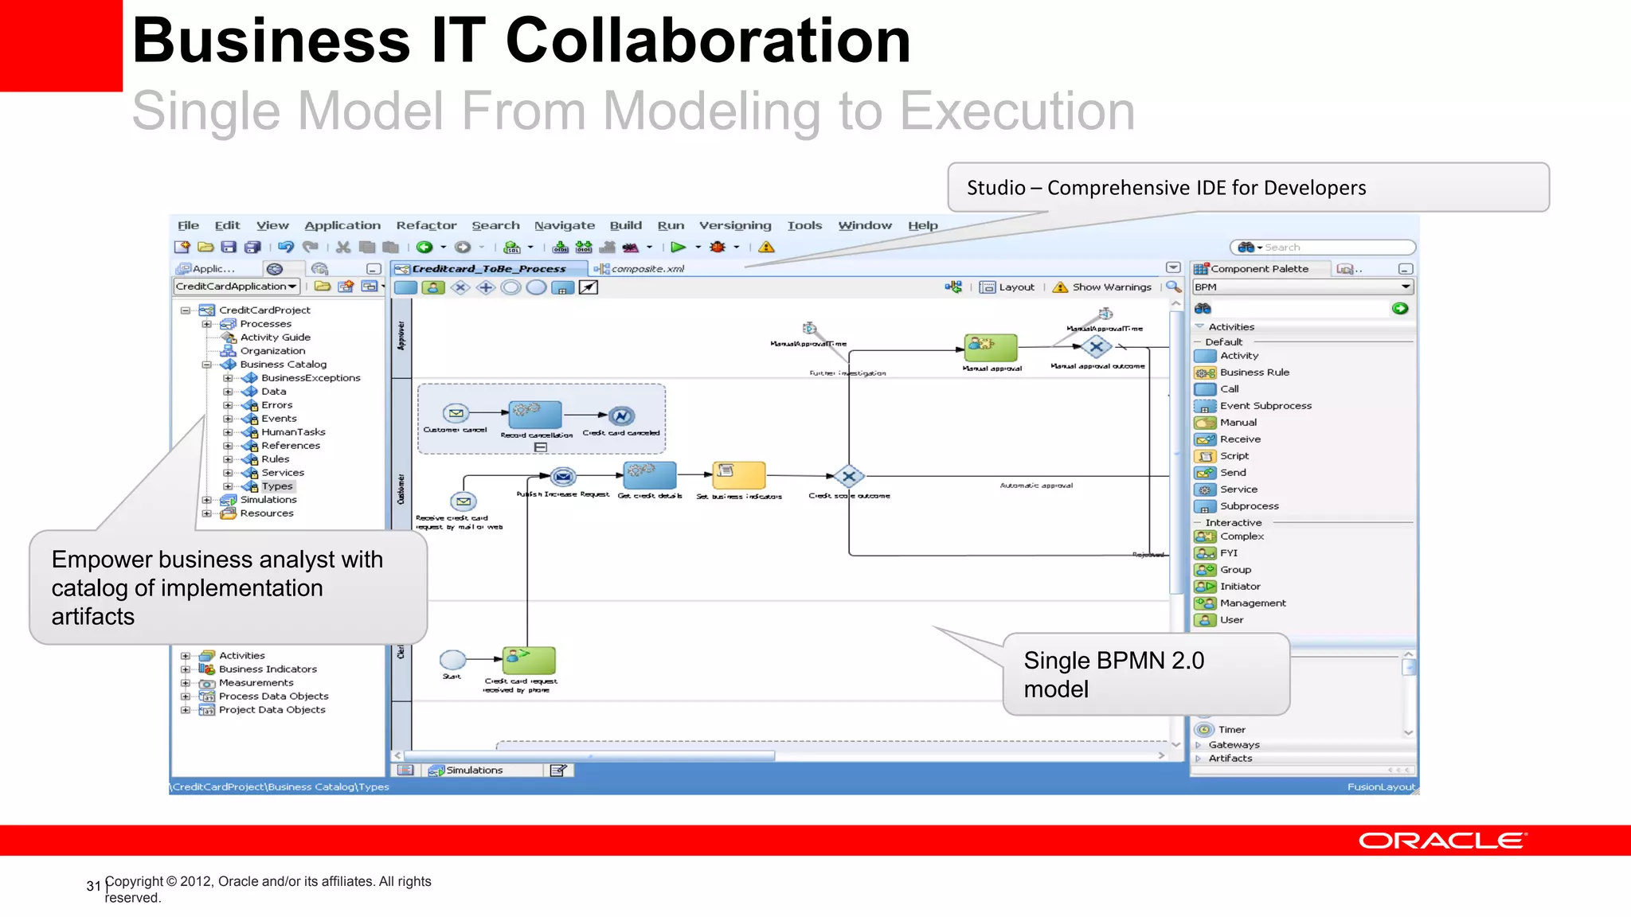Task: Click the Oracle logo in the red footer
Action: [1441, 841]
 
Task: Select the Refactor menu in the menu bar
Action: [426, 225]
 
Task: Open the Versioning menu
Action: [734, 225]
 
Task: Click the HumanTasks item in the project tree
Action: [292, 432]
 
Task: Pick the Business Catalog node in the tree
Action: [283, 365]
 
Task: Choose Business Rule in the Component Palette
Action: [1254, 373]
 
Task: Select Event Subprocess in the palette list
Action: [1265, 406]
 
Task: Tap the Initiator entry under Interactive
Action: [1239, 587]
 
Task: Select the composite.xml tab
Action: [647, 269]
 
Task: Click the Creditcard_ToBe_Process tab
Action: [488, 269]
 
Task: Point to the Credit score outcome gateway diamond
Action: [849, 477]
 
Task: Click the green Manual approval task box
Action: [991, 348]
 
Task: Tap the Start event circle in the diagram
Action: [452, 660]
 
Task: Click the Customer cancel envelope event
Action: [456, 413]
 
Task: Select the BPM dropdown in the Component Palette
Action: [1301, 287]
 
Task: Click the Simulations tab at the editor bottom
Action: [473, 771]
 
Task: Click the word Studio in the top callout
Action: [995, 188]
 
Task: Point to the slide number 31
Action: [93, 886]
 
